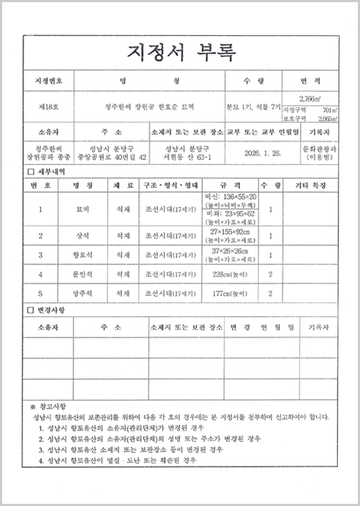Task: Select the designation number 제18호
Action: point(48,106)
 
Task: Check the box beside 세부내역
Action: point(30,172)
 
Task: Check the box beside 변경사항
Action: point(30,310)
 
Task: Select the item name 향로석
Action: point(76,255)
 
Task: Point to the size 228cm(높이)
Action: point(231,274)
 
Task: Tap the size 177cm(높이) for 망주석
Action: point(231,293)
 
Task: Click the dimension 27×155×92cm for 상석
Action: point(231,232)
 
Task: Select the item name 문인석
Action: point(76,274)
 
